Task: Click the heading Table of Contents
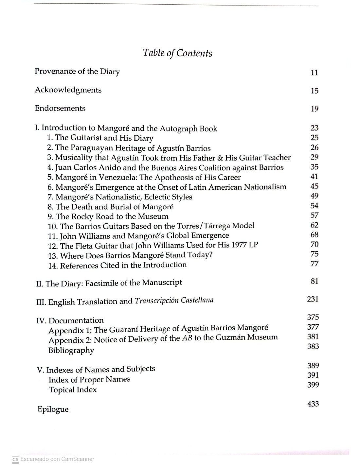(177, 53)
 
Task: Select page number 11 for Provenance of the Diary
(314, 73)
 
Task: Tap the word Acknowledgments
(68, 90)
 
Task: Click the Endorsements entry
(60, 108)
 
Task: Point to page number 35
(314, 167)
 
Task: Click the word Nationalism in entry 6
(265, 187)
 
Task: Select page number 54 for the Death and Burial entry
(314, 206)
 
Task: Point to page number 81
(314, 281)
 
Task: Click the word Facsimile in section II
(101, 283)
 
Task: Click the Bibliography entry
(71, 350)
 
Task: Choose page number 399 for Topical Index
(313, 385)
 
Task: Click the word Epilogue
(53, 409)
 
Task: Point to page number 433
(313, 404)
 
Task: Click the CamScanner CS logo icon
(15, 459)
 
